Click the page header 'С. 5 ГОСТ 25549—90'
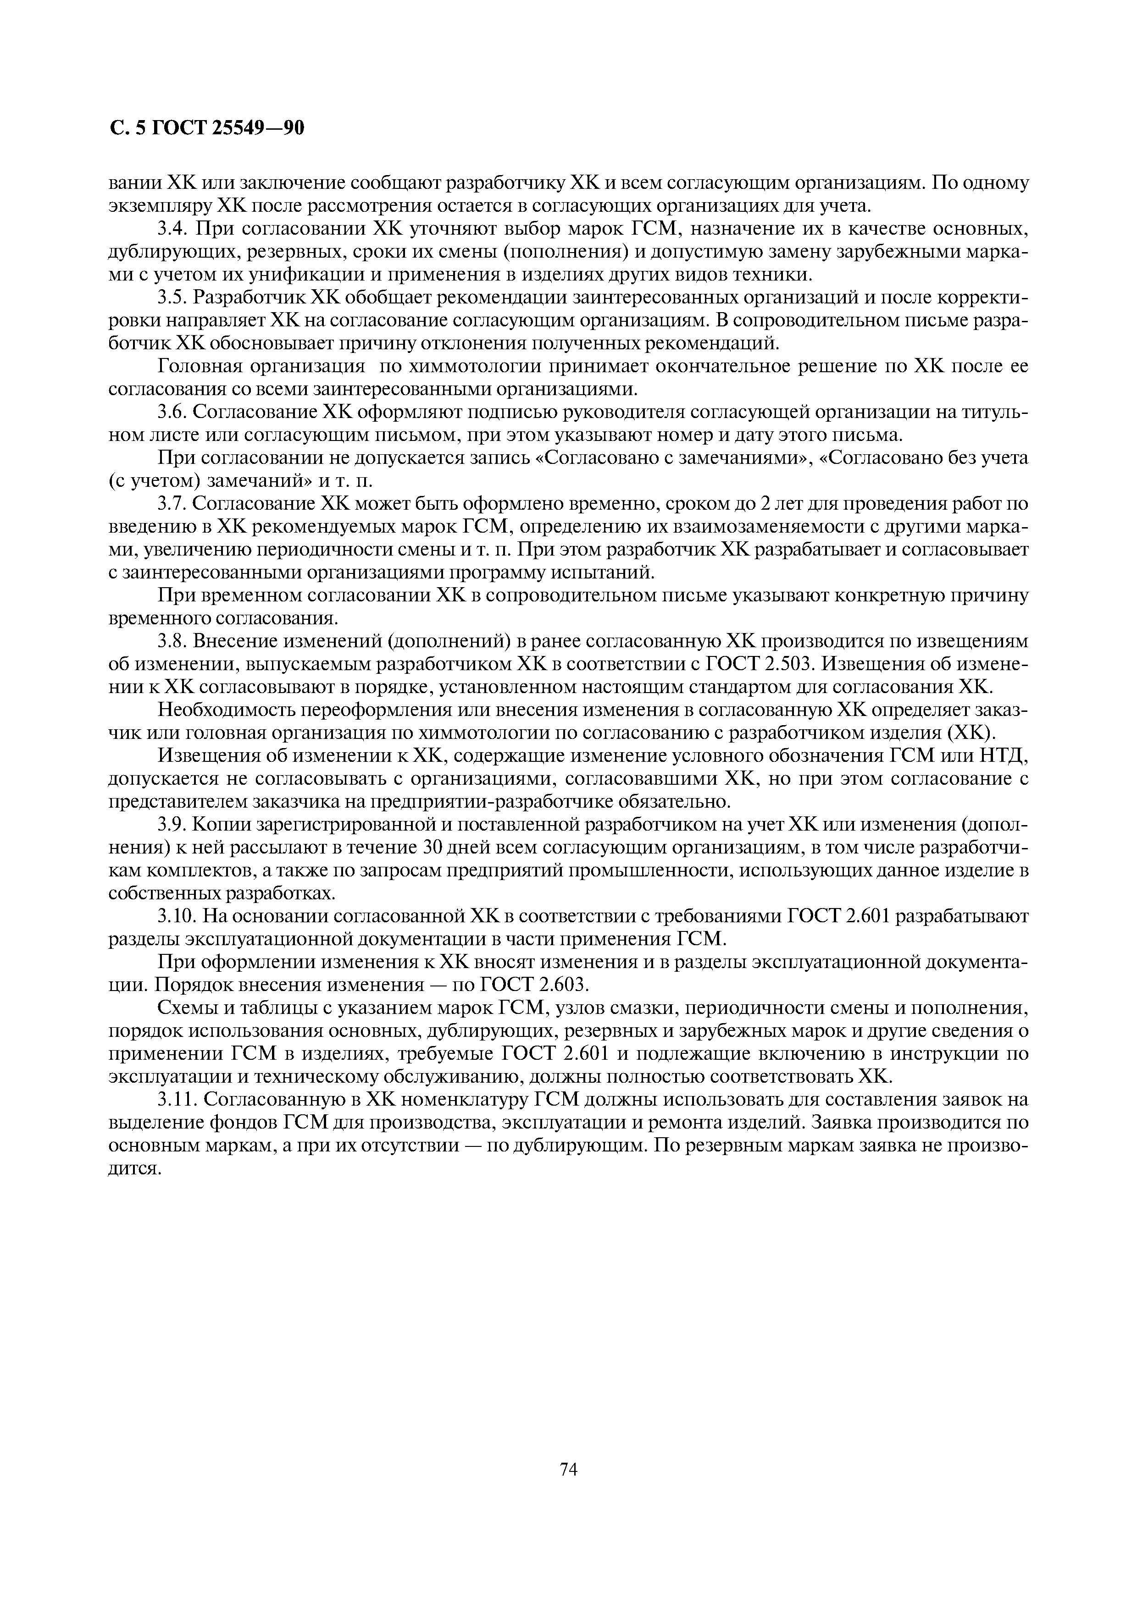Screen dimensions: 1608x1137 pos(207,128)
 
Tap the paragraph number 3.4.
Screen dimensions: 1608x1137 pos(172,229)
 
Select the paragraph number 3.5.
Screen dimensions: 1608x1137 pos(172,297)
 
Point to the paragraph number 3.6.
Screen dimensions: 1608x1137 pos(172,413)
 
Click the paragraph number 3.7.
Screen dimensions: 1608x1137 pos(172,504)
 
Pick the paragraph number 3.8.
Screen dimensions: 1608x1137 pos(172,642)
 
